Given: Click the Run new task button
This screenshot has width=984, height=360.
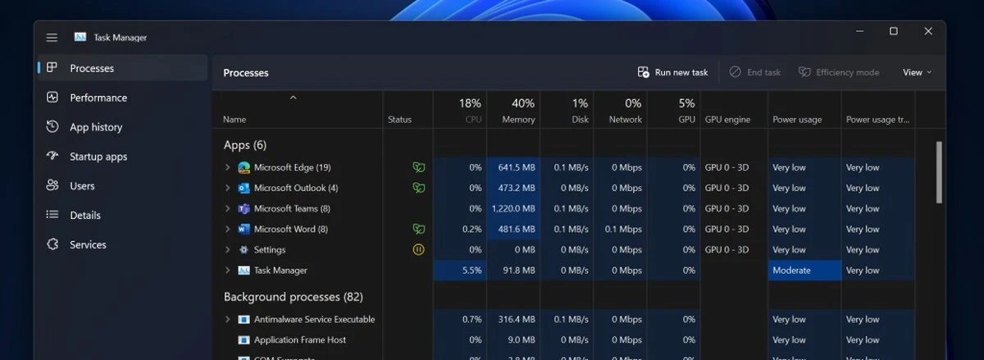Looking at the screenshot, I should click(x=673, y=72).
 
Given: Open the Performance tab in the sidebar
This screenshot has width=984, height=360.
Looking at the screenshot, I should click(x=98, y=98).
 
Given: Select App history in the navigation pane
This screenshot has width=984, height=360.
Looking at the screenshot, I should click(x=95, y=127).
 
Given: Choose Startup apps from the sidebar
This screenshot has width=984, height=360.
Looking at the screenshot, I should click(x=98, y=157).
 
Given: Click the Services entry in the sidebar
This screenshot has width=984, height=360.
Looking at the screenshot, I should click(x=88, y=244).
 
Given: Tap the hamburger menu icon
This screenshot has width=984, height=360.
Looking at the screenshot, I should click(x=52, y=38).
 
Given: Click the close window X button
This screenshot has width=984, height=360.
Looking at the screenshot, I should click(x=928, y=31).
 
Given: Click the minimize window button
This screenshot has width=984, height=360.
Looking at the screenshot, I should click(x=859, y=31).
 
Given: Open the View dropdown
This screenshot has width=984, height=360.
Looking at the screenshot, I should click(x=917, y=72).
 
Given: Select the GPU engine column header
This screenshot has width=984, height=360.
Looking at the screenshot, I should click(x=727, y=119).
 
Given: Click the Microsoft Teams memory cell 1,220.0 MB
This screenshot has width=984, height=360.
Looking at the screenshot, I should click(x=513, y=208).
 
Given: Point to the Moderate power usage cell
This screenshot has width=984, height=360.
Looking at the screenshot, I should click(x=804, y=270).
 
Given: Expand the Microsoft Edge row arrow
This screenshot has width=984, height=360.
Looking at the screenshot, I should click(x=228, y=167).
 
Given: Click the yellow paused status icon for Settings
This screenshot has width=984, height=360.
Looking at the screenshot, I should click(x=418, y=249).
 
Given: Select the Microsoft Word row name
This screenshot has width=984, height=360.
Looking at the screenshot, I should click(x=290, y=229).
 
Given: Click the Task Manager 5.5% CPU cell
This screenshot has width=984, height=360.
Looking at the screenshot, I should click(x=460, y=270).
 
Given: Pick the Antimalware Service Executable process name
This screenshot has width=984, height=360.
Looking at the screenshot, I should click(x=314, y=319).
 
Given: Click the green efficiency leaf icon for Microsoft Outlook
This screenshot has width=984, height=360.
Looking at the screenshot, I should click(x=418, y=188).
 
